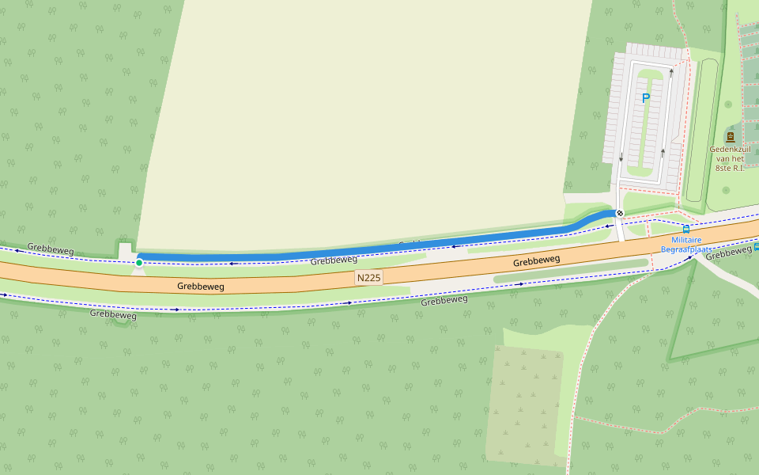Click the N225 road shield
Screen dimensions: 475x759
click(368, 277)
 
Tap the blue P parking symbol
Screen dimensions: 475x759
click(645, 98)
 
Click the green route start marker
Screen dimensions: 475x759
click(139, 263)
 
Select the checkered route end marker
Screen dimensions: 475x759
click(620, 213)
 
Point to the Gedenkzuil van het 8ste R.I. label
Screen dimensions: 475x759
click(729, 158)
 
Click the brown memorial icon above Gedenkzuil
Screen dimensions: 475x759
click(730, 137)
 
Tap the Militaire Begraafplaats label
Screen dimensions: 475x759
click(686, 244)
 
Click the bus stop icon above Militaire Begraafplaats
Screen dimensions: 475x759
click(685, 230)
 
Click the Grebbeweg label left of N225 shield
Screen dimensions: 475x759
click(201, 286)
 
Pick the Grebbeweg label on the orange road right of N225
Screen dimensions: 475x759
click(536, 260)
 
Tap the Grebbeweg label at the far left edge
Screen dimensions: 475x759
click(51, 248)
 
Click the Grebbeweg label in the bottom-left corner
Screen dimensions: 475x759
click(113, 314)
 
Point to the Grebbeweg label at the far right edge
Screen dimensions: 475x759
click(728, 252)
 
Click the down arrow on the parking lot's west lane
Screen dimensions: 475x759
click(621, 157)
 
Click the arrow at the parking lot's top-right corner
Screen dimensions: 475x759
click(671, 73)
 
